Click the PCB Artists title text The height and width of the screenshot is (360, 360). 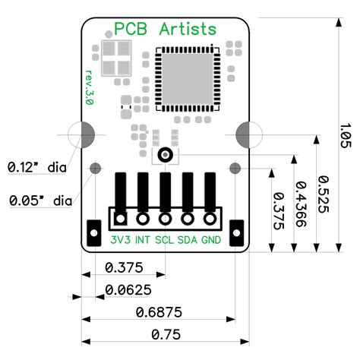(x=165, y=30)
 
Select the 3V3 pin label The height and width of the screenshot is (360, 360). (x=120, y=240)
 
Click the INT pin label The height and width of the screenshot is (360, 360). (x=142, y=240)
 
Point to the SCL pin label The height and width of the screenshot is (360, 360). (x=164, y=240)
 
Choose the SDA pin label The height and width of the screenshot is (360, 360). (x=188, y=240)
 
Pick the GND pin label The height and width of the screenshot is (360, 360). (x=211, y=240)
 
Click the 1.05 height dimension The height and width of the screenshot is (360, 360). (x=345, y=134)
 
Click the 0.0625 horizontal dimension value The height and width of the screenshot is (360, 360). (x=128, y=289)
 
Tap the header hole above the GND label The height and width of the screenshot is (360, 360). (x=210, y=219)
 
